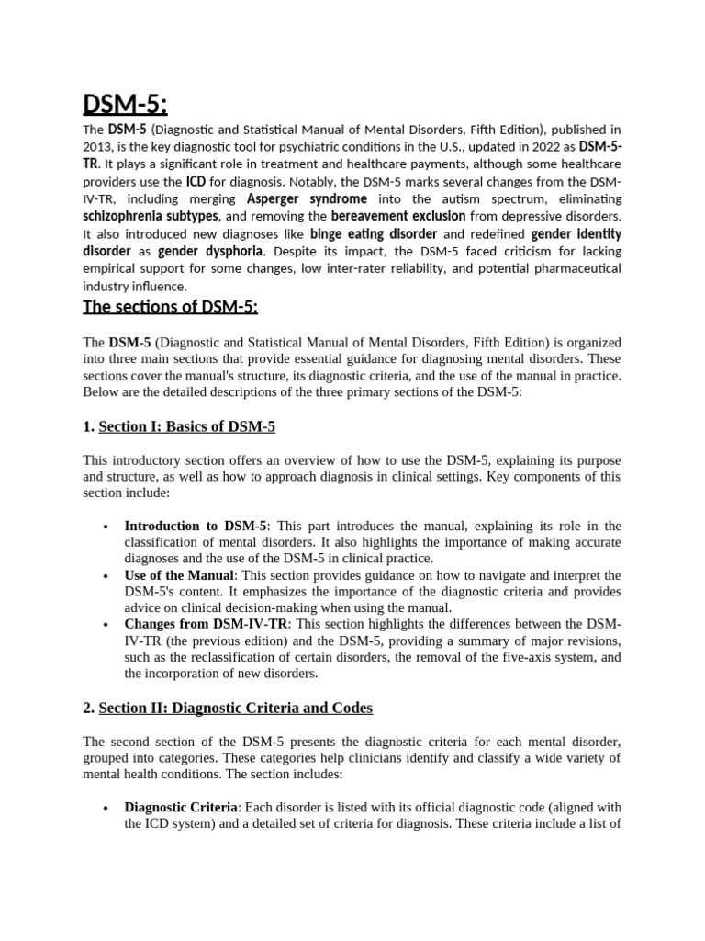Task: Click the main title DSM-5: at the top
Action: click(125, 106)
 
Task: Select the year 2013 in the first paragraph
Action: click(97, 147)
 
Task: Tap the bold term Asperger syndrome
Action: click(307, 198)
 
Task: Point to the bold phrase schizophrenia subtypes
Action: click(151, 215)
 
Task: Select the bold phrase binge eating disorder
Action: click(373, 233)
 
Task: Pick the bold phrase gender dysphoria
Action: click(210, 250)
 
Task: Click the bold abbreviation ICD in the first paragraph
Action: click(196, 181)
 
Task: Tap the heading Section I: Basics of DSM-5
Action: click(186, 426)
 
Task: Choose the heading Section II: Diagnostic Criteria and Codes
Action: click(235, 708)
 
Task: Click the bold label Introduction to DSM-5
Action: click(196, 526)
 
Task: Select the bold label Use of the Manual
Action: click(179, 575)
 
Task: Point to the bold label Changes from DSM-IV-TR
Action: click(206, 624)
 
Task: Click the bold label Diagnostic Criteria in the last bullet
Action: click(181, 807)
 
